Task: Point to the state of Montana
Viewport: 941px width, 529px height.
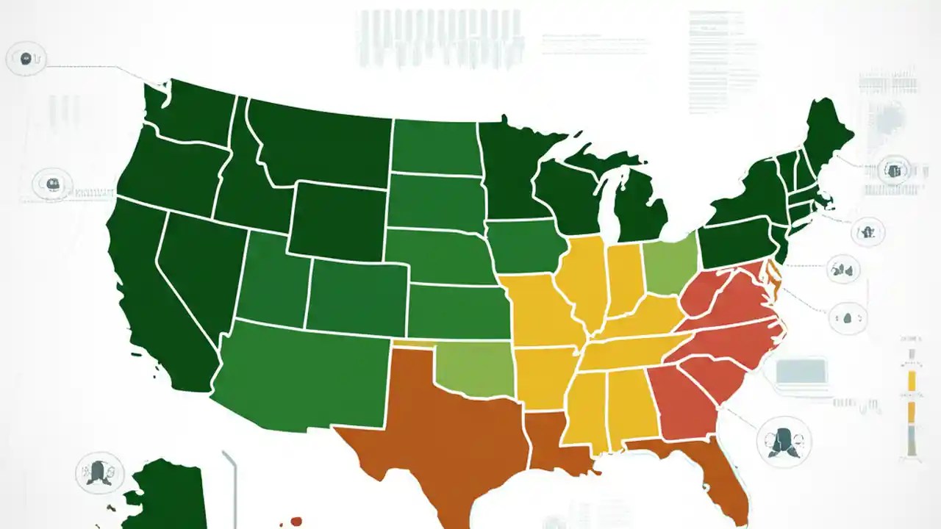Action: pyautogui.click(x=323, y=143)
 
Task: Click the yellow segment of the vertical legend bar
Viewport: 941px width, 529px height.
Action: pyautogui.click(x=912, y=381)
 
